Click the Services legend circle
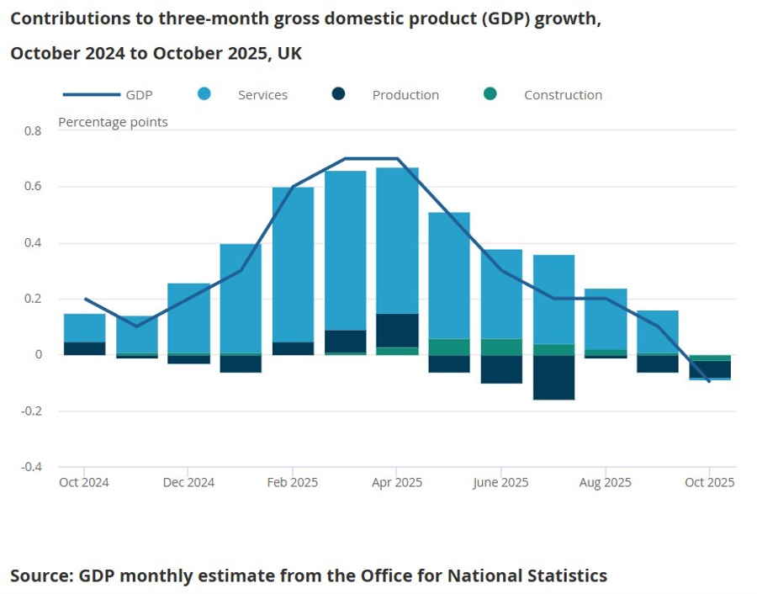click(x=204, y=94)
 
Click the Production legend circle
click(x=339, y=94)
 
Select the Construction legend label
click(x=563, y=95)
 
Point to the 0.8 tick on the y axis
click(x=33, y=131)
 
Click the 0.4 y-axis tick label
click(x=33, y=243)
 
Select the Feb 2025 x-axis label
click(x=293, y=483)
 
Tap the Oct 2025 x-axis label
click(x=709, y=483)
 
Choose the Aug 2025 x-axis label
click(x=605, y=483)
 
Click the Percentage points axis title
click(x=113, y=122)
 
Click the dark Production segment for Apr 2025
click(x=397, y=331)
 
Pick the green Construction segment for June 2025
click(x=501, y=347)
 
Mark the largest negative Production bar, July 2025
click(x=553, y=377)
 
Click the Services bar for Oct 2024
click(x=84, y=327)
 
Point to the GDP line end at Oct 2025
click(x=709, y=381)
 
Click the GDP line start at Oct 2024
click(x=85, y=299)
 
